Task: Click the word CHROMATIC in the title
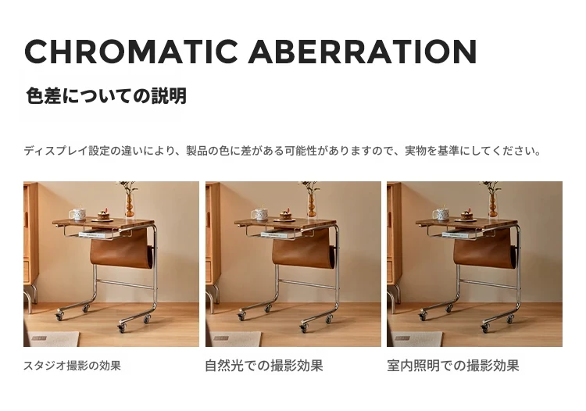(x=131, y=52)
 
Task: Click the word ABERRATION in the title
(x=363, y=52)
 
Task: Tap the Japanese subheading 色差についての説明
(x=106, y=95)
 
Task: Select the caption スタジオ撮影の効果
(x=72, y=366)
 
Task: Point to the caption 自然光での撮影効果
(x=264, y=366)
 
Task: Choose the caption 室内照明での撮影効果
(x=453, y=366)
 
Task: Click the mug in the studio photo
(x=78, y=214)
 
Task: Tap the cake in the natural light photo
(x=286, y=215)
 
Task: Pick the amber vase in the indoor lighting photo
(x=493, y=205)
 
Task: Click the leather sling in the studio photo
(x=121, y=249)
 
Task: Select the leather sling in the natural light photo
(x=303, y=249)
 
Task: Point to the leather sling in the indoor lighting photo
(x=485, y=249)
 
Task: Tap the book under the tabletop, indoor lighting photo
(x=459, y=235)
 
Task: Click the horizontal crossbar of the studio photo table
(x=125, y=284)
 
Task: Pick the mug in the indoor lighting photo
(x=441, y=214)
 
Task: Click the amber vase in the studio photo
(x=130, y=205)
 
